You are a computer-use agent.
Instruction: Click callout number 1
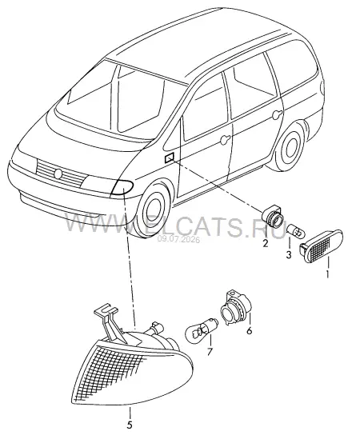[x=327, y=274]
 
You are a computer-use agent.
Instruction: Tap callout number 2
[x=266, y=243]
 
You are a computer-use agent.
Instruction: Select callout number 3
[x=289, y=254]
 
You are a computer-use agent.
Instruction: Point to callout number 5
[x=130, y=425]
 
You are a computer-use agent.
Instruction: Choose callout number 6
[x=250, y=330]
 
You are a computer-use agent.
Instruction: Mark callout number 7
[x=210, y=352]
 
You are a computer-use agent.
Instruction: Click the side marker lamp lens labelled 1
[x=321, y=245]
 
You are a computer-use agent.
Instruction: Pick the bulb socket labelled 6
[x=236, y=307]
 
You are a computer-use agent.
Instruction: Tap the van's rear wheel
[x=290, y=147]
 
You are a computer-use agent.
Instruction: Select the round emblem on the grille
[x=58, y=174]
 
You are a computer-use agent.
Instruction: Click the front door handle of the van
[x=225, y=139]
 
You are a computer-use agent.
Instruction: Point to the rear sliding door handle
[x=277, y=115]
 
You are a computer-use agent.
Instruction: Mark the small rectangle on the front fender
[x=170, y=158]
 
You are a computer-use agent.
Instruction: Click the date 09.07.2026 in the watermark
[x=179, y=240]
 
